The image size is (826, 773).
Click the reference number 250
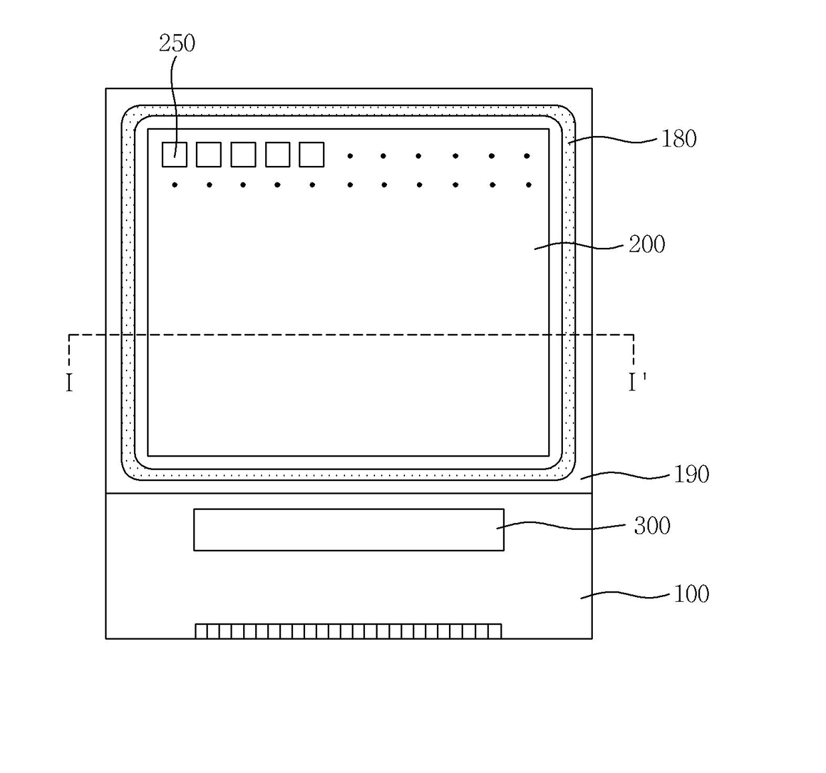177,43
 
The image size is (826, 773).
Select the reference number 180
678,139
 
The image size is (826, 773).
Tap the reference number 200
647,245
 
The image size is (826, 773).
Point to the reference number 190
691,474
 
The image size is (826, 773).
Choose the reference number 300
651,526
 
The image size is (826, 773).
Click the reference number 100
691,594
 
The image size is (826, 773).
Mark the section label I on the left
69,383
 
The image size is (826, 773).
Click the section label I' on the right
637,383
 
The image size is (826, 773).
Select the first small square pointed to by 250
175,155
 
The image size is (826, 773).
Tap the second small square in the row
208,155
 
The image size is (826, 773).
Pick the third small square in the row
243,155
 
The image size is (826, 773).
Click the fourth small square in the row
278,155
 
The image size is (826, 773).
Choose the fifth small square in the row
312,155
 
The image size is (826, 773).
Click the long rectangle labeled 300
348,530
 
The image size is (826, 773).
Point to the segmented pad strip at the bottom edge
348,631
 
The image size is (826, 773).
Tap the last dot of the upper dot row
527,156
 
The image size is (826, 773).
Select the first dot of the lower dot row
175,185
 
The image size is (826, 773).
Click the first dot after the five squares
350,156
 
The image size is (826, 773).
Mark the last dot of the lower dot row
529,185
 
